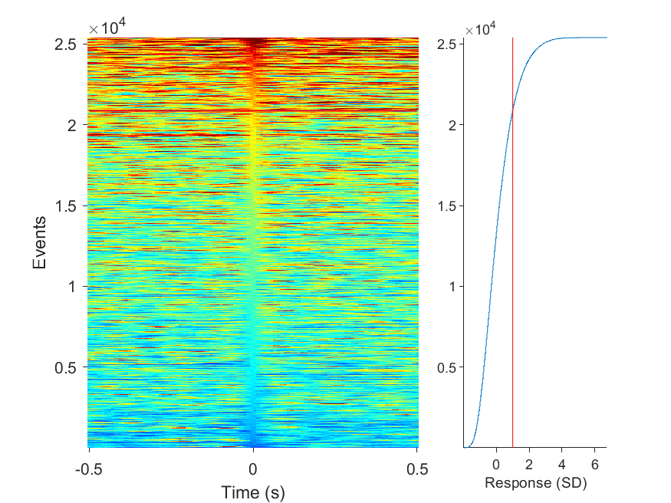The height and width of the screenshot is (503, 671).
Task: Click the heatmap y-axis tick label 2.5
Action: point(65,44)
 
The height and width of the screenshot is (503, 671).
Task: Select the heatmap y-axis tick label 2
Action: point(72,125)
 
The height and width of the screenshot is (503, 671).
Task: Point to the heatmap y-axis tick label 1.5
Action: point(65,206)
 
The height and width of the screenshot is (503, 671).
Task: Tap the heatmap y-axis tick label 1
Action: point(72,287)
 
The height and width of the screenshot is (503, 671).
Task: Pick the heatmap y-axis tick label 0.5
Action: point(65,367)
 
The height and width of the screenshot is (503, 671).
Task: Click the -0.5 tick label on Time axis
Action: point(89,469)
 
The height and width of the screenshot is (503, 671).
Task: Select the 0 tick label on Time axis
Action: point(253,469)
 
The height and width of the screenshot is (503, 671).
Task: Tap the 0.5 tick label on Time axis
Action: point(417,469)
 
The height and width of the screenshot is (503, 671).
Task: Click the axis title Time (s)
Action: point(253,493)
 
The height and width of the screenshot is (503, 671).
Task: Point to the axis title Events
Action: point(39,242)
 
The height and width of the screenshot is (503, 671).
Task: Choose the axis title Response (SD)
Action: point(535,483)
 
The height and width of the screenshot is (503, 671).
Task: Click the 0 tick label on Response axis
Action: point(496,465)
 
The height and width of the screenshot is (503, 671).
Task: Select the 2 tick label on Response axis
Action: point(529,465)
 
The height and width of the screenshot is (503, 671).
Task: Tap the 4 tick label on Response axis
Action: point(562,465)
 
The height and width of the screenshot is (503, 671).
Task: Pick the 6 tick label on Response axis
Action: point(595,465)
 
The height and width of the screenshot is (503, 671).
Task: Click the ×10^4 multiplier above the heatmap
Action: point(107,28)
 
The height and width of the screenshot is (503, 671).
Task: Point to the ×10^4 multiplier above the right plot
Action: point(480,29)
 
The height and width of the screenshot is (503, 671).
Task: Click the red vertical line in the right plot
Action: point(513,242)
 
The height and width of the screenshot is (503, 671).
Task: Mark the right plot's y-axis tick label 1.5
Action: point(447,206)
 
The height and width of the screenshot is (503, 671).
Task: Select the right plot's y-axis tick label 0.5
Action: point(447,367)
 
